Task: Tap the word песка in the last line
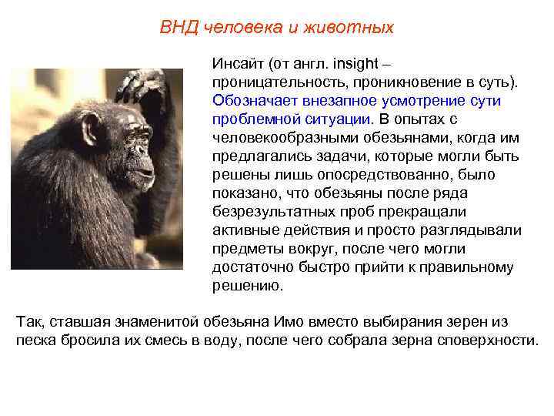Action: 35,341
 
